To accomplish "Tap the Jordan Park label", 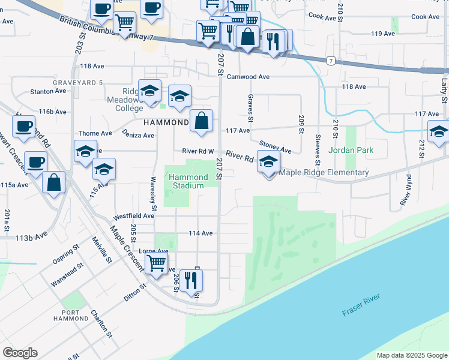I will tap(352, 150).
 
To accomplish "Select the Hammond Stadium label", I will tap(188, 181).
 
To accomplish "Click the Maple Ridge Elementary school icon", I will tap(268, 161).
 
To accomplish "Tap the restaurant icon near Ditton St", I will tap(191, 280).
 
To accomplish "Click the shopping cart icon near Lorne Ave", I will tap(156, 262).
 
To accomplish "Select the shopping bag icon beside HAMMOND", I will tap(202, 121).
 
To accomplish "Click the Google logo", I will tap(20, 353).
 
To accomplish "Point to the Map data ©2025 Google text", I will tap(412, 355).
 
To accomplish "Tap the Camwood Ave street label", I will tap(248, 77).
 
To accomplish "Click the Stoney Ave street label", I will tap(275, 146).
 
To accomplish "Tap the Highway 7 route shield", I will tap(331, 61).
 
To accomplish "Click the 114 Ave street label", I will tap(200, 233).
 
